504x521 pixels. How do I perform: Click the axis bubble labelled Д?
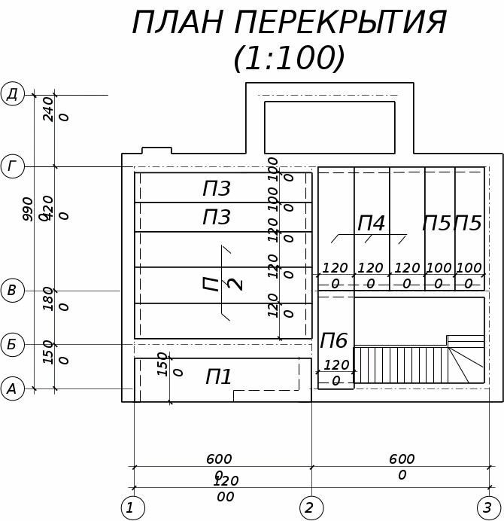coord(12,94)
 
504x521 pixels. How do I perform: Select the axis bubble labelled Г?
coord(12,166)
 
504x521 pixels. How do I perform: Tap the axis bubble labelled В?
coord(12,291)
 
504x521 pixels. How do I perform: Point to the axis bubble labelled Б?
coord(12,345)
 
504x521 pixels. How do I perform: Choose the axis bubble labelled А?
coord(12,388)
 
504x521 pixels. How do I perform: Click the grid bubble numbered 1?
coord(132,508)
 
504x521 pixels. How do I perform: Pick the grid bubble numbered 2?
coord(310,508)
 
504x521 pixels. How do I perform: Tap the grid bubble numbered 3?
coord(488,508)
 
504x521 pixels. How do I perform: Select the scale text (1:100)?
coord(290,58)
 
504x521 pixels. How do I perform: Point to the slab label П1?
coord(219,377)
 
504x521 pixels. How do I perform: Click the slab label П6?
coord(334,341)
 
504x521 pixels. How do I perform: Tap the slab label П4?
coord(371,224)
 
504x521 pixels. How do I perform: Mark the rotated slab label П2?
coord(223,284)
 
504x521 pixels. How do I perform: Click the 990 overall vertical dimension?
coord(29,209)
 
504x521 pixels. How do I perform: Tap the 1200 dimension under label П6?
coord(336,373)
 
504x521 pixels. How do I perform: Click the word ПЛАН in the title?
coord(178,23)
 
